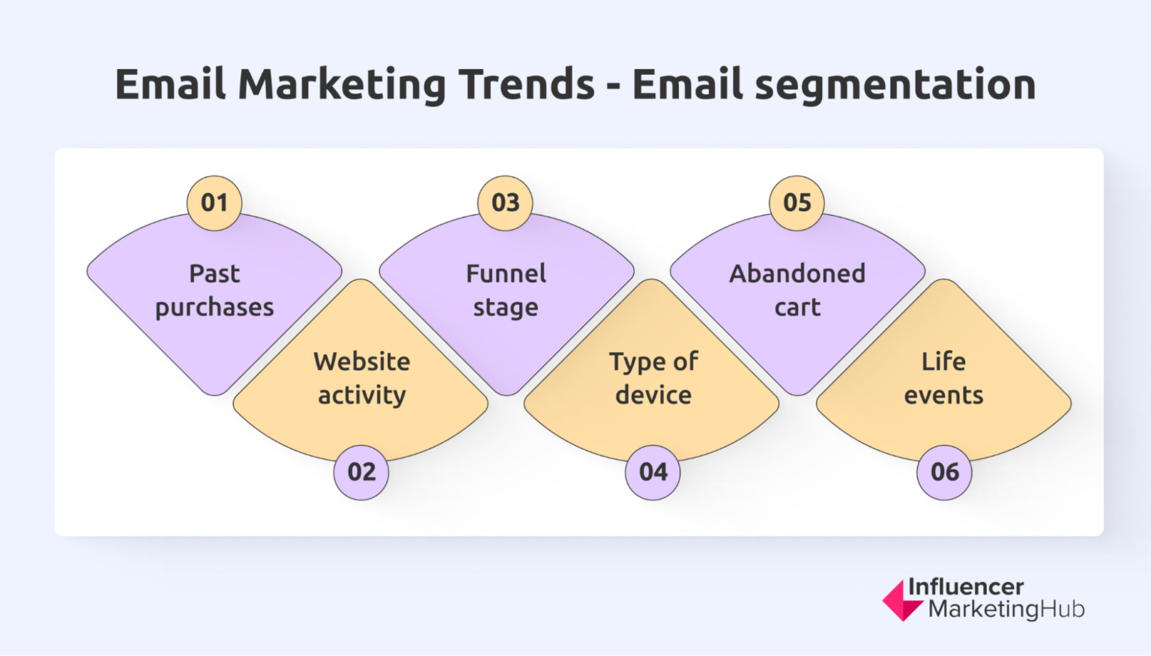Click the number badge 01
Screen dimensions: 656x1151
[214, 203]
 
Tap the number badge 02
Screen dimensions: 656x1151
[361, 472]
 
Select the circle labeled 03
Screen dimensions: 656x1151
[506, 203]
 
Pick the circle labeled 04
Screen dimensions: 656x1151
[653, 472]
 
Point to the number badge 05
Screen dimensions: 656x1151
[797, 203]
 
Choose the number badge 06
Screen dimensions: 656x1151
[944, 472]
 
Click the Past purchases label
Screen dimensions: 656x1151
[214, 291]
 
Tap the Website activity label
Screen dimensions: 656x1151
[362, 378]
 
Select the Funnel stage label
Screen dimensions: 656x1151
[506, 291]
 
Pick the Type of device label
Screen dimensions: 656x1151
[653, 378]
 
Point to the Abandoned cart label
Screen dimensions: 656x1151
[797, 291]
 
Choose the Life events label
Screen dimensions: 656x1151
[943, 378]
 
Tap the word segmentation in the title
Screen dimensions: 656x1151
[895, 85]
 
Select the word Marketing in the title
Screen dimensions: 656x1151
[342, 85]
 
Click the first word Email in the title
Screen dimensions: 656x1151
[170, 84]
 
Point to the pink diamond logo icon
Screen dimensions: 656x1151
[900, 601]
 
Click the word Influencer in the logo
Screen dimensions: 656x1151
[965, 586]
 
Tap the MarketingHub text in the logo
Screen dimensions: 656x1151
[1006, 610]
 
